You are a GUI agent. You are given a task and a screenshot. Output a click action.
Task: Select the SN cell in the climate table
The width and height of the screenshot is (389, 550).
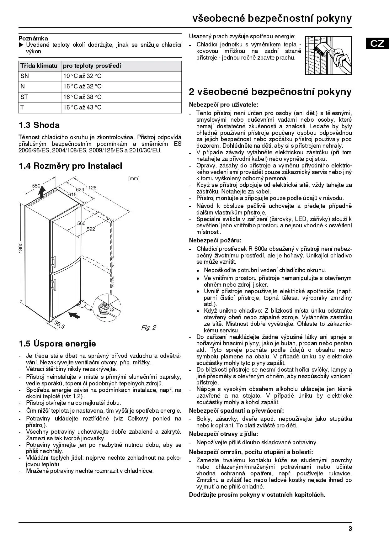24,76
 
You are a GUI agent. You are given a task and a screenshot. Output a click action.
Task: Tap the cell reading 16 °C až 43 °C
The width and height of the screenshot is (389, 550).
82,108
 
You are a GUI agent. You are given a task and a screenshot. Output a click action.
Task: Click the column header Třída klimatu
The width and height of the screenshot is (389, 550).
39,66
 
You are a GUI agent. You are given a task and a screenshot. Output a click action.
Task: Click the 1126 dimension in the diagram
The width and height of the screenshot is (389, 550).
91,188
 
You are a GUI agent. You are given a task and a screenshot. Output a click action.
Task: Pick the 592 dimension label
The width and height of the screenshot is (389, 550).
91,229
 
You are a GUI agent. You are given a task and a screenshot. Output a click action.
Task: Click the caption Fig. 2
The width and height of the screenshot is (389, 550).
149,328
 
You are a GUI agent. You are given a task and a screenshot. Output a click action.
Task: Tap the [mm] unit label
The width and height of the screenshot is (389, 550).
134,179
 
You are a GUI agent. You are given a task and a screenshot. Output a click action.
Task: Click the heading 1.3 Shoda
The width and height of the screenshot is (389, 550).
39,125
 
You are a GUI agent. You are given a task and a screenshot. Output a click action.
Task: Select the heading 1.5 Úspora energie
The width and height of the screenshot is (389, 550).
57,344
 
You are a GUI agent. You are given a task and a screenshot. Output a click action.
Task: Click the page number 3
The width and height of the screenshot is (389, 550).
350,529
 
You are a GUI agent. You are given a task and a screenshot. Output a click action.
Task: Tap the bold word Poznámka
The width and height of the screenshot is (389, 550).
33,39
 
